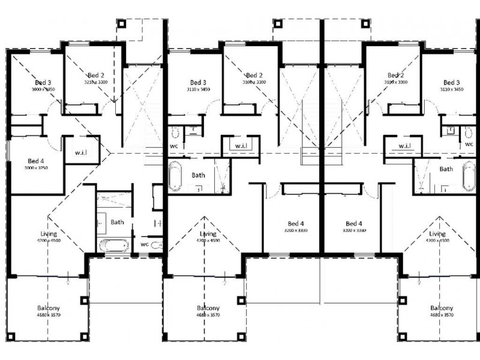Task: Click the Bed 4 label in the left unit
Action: click(x=35, y=161)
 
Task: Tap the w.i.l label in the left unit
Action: click(x=80, y=152)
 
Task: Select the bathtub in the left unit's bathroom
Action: click(x=112, y=245)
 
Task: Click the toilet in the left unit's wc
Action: click(x=157, y=245)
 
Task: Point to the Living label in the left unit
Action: click(x=48, y=233)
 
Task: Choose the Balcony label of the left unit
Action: click(x=48, y=308)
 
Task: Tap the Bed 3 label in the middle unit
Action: click(x=198, y=82)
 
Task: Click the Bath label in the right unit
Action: click(x=446, y=169)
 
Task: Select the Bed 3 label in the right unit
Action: click(x=451, y=82)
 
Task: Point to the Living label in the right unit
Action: click(x=437, y=233)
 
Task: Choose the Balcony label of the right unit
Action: click(x=442, y=308)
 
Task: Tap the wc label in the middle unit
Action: click(x=174, y=145)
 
